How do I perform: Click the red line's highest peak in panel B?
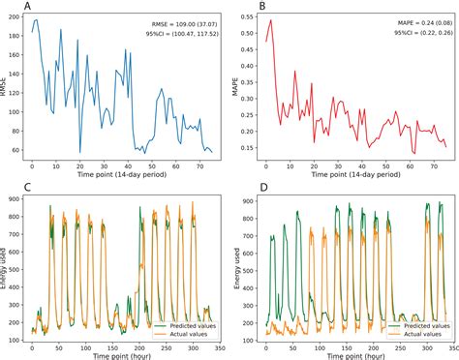click(x=270, y=20)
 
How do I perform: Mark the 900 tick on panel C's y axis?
click(x=15, y=199)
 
